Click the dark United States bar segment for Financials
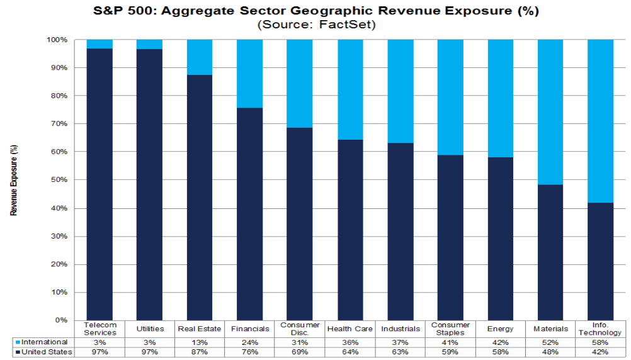[x=249, y=214]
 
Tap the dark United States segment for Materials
[x=550, y=252]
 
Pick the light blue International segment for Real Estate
[x=200, y=57]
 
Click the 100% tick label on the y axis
[x=57, y=40]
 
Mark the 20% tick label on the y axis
[x=59, y=264]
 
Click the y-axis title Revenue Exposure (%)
[x=14, y=180]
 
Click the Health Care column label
[x=350, y=329]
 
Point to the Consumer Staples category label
[x=450, y=329]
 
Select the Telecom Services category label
[x=99, y=329]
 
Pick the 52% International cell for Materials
[x=550, y=342]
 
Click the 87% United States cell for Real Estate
[x=200, y=352]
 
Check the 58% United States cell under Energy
[x=500, y=352]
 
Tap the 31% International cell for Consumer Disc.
[x=300, y=342]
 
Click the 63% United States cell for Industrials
[x=400, y=352]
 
